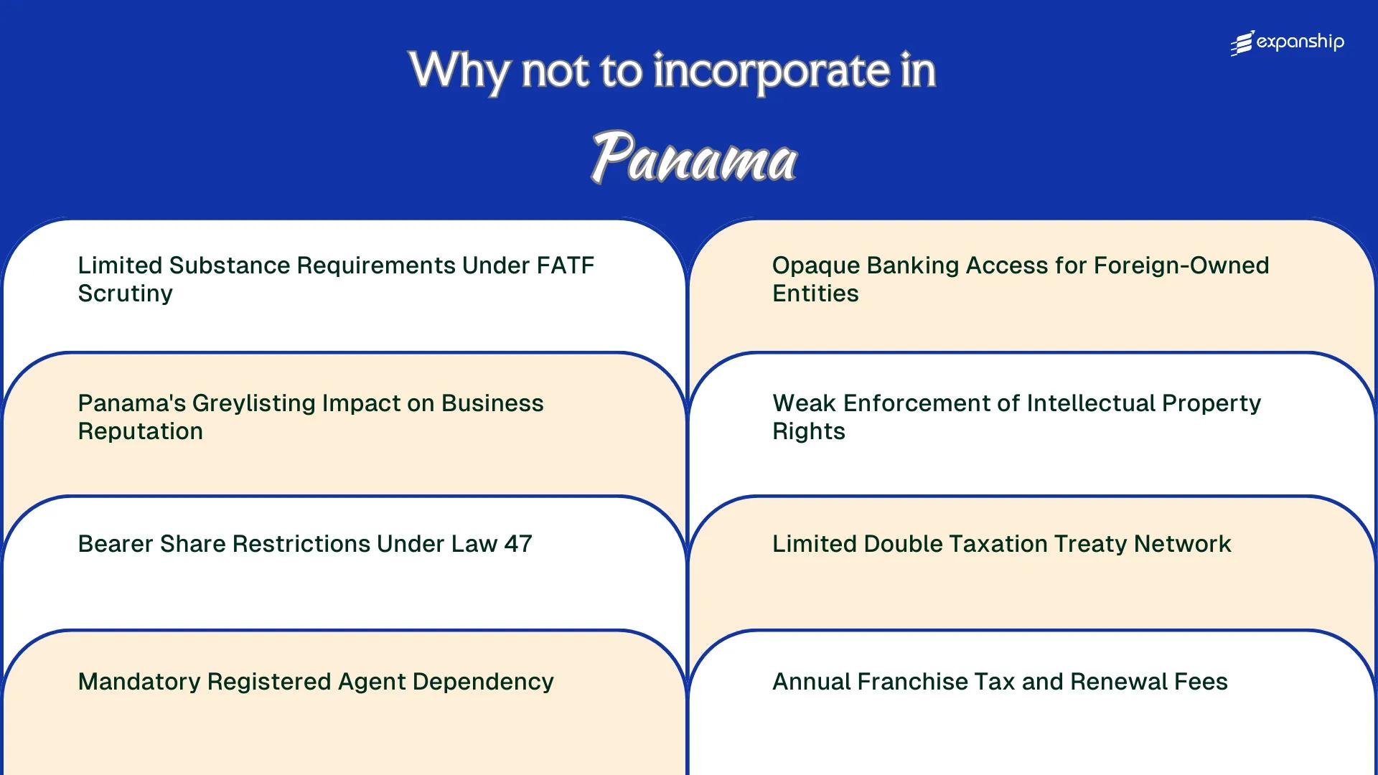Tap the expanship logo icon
tap(1242, 43)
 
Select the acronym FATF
tap(565, 266)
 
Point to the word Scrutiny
tap(125, 293)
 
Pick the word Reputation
tap(140, 431)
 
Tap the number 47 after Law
tap(518, 544)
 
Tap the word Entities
tap(815, 293)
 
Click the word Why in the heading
tap(459, 71)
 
